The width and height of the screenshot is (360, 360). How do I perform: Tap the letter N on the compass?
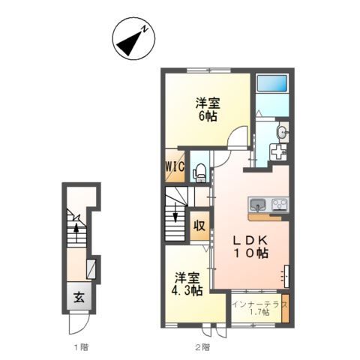point(145,28)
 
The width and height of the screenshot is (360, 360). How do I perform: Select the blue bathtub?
point(272,83)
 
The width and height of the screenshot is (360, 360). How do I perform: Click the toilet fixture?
point(199,172)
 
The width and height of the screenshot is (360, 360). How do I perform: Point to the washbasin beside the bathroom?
point(282,132)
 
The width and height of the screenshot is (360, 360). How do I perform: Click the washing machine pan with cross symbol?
point(278,151)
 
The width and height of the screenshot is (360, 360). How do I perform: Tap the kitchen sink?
point(258,205)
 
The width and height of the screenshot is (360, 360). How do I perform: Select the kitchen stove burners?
point(279,205)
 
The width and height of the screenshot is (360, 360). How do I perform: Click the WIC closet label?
point(175,166)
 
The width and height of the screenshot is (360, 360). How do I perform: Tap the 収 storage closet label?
point(199,226)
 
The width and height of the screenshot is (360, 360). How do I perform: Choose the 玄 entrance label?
point(79,298)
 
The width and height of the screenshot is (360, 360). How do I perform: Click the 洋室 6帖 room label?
point(208,109)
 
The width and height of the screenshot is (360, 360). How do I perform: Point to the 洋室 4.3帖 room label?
point(187,283)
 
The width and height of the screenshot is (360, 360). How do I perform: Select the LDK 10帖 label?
point(250,247)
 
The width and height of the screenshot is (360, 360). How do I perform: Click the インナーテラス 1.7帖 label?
point(259,308)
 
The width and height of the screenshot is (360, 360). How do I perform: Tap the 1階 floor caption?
point(81,347)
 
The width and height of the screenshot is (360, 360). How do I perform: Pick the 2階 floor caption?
point(202,347)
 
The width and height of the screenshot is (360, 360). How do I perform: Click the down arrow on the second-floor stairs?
point(175,212)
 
